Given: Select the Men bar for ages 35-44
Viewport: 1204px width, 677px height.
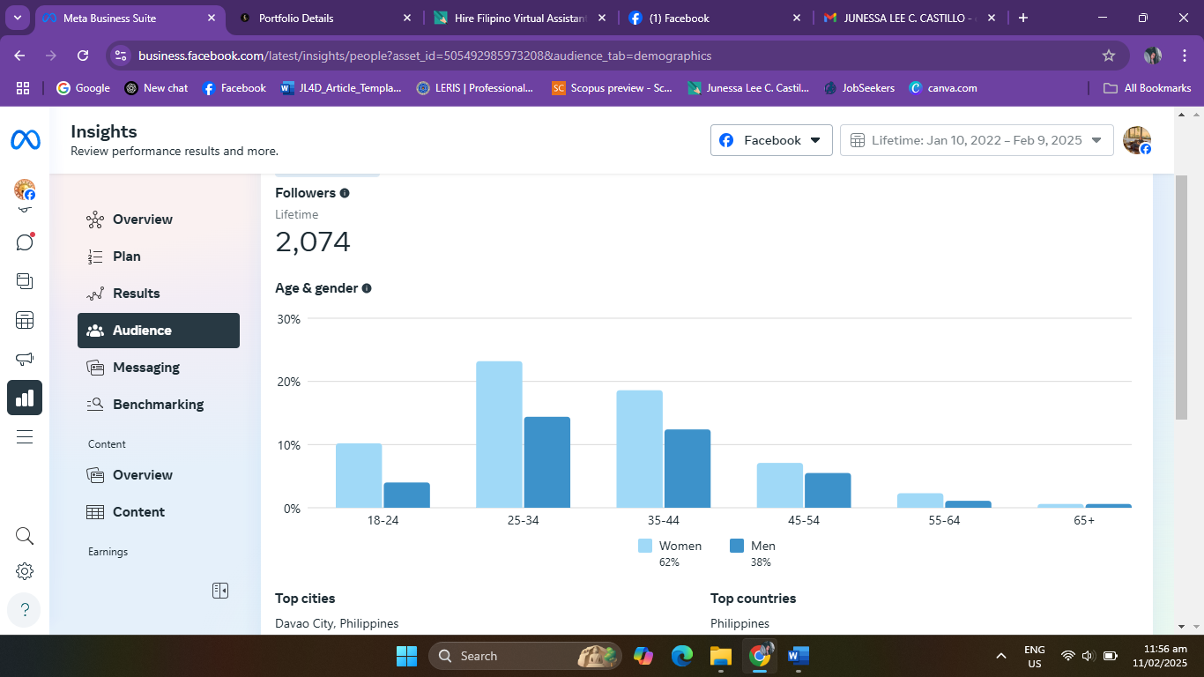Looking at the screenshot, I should click(x=687, y=468).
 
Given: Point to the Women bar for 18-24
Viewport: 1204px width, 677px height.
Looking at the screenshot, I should click(x=359, y=475).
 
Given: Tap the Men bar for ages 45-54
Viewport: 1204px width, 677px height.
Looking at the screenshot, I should click(x=828, y=490).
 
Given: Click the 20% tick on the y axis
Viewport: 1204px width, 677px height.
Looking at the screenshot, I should click(x=289, y=382).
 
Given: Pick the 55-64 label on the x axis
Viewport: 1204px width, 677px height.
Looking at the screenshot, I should click(x=944, y=520).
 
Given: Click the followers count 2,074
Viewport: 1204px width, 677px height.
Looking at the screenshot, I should click(x=313, y=242).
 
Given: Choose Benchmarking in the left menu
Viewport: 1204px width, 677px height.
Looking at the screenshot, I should click(x=158, y=405).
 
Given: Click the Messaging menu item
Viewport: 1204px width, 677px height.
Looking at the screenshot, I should click(x=145, y=368).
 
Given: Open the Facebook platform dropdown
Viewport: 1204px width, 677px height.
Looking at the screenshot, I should click(x=771, y=140).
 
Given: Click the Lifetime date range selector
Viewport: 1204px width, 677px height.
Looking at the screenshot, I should click(x=976, y=140).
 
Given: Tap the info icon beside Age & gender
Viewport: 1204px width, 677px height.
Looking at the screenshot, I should click(x=367, y=288).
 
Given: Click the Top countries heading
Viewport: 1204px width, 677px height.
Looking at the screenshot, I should click(x=753, y=599).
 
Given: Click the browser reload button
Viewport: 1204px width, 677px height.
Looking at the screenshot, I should click(x=83, y=56).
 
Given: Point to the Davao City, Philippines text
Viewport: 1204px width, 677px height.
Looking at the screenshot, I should click(x=337, y=623).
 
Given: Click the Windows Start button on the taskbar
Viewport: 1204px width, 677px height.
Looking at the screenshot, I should click(x=406, y=656).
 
